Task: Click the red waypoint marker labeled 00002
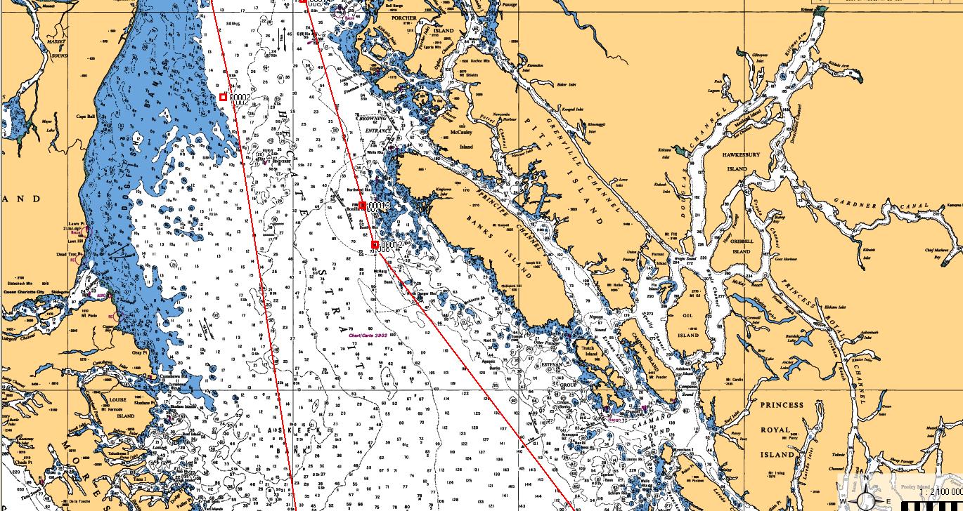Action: click(x=223, y=97)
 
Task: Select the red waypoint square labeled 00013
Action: click(x=362, y=206)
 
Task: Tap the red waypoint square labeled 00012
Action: click(x=375, y=245)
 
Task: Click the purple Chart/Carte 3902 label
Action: click(x=368, y=336)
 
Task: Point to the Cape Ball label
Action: click(x=86, y=117)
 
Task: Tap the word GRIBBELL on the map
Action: click(x=741, y=241)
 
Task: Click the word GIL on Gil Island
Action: click(x=687, y=316)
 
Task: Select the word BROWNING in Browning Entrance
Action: click(x=372, y=119)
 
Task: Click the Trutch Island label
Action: click(x=591, y=350)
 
